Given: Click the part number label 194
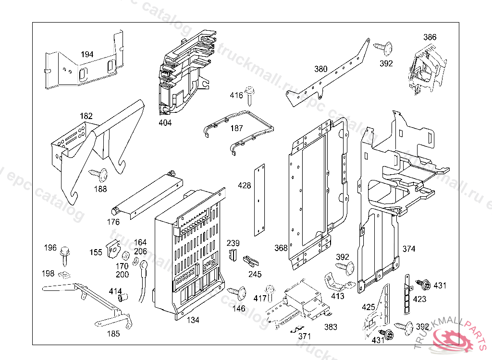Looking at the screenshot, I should (x=87, y=54).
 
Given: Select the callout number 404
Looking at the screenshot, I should (x=165, y=122).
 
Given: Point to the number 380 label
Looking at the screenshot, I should (x=321, y=69).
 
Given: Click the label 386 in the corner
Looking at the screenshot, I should (x=430, y=37).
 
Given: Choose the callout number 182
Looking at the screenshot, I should (x=86, y=116).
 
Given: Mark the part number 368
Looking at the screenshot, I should (x=281, y=248).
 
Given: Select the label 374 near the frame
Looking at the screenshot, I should (x=409, y=249).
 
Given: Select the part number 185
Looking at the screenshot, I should (x=113, y=334).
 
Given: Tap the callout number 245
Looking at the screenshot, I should (x=255, y=275).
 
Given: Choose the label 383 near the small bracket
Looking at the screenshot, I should (x=331, y=327).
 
